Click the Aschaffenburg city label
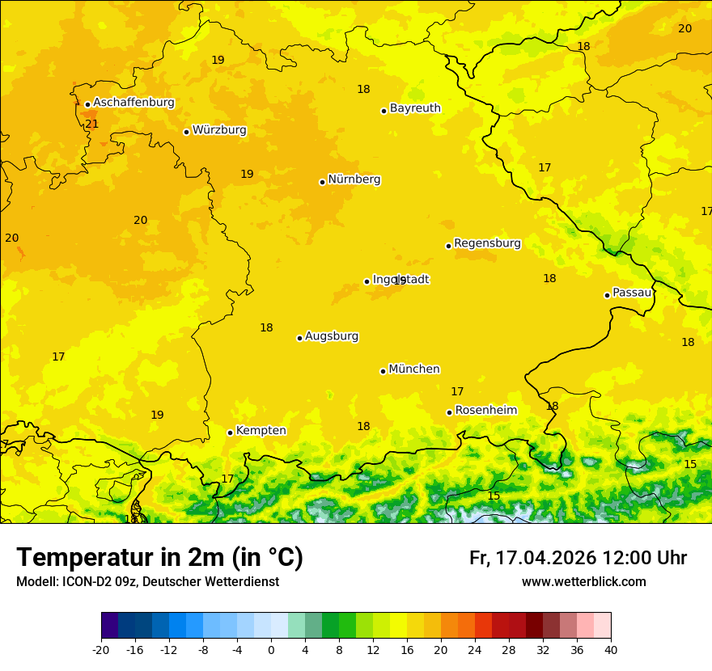(x=133, y=103)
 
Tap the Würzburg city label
(x=219, y=130)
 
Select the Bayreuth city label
(x=415, y=108)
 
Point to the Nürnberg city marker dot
(x=322, y=182)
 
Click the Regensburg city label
(x=487, y=243)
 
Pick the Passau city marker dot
(x=607, y=295)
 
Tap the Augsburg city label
(x=332, y=336)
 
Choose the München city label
(x=414, y=369)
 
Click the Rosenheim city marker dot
(x=449, y=412)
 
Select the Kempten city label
(x=261, y=431)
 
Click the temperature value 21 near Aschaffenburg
(x=91, y=124)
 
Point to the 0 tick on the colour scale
(x=271, y=649)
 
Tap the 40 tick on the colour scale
(x=611, y=649)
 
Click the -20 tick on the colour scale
(x=101, y=649)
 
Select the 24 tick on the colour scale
(x=475, y=649)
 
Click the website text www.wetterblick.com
(x=583, y=582)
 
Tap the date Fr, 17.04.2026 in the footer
(x=532, y=558)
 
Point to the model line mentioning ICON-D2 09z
(x=147, y=582)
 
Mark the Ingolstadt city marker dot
(x=367, y=281)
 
